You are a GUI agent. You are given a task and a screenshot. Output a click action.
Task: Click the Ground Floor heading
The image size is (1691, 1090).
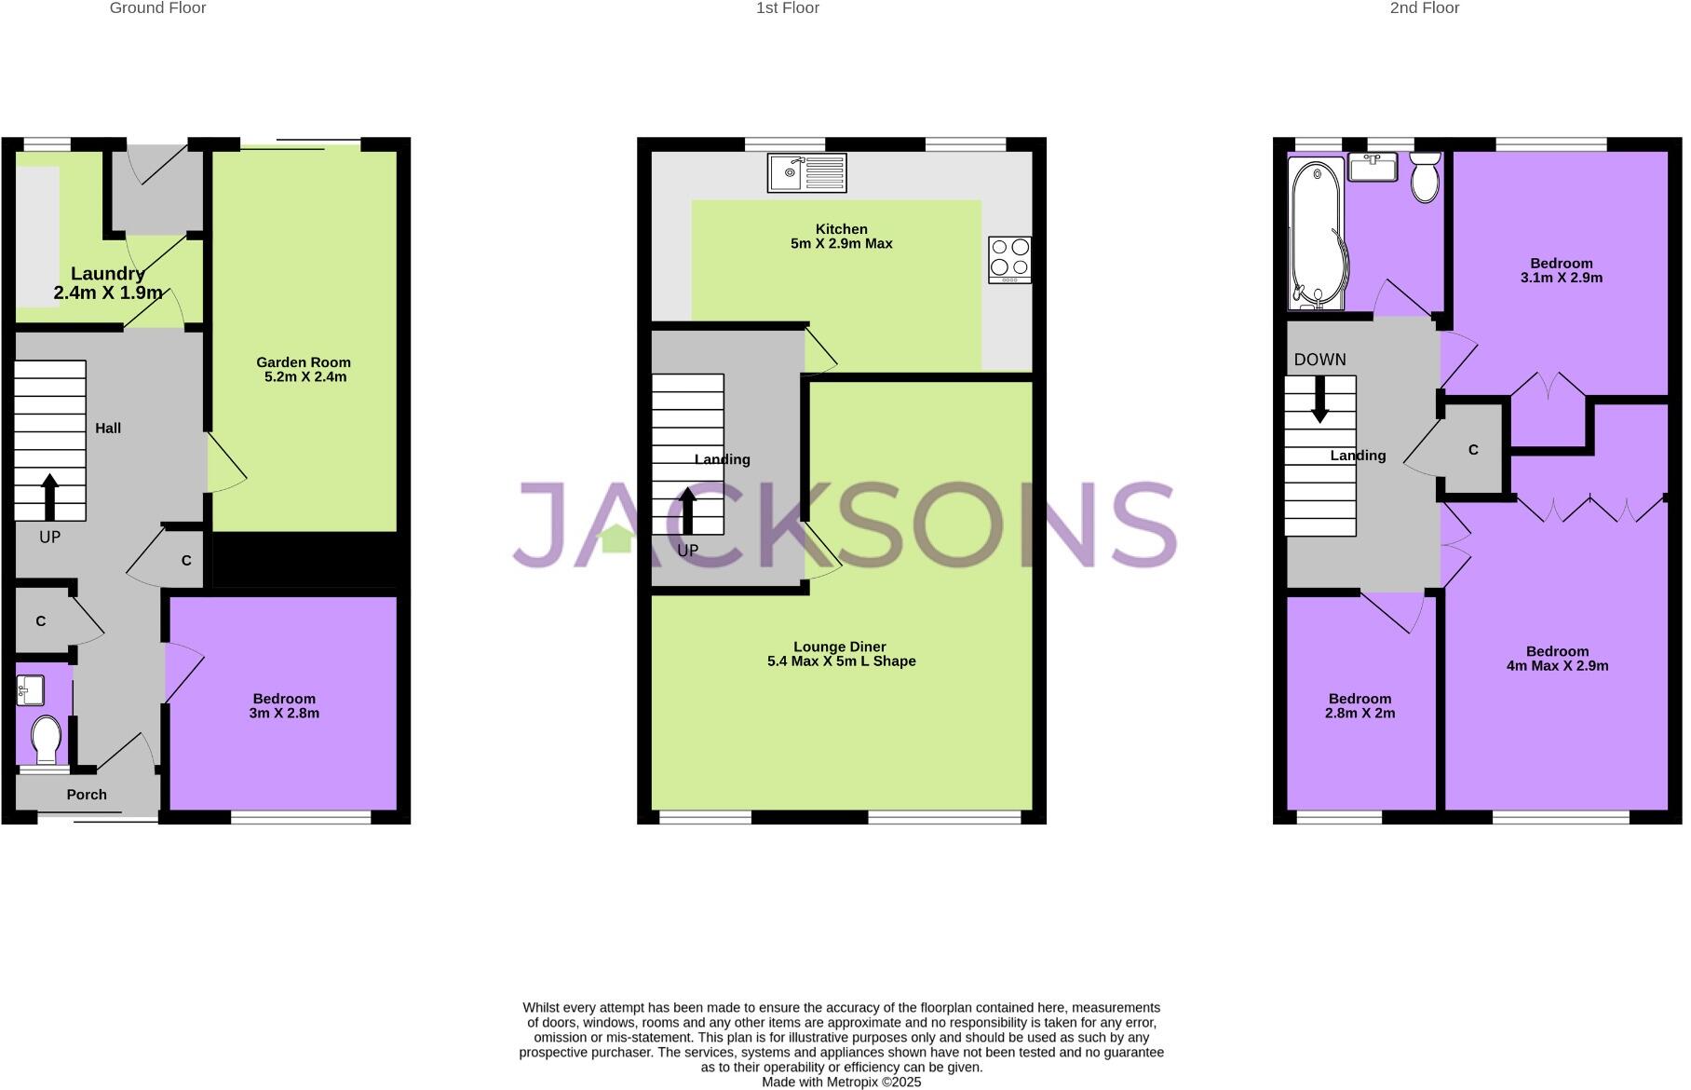(157, 8)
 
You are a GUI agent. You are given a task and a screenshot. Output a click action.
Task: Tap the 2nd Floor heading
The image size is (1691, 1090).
(1424, 8)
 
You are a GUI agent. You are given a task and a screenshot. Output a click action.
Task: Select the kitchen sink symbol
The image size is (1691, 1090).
(806, 172)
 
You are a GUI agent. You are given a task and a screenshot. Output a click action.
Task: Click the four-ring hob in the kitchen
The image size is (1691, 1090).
(1009, 258)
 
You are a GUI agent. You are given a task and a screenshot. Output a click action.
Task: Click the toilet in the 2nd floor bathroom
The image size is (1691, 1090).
(1425, 178)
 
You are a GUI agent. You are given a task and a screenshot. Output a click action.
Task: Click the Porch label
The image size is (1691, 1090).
(87, 795)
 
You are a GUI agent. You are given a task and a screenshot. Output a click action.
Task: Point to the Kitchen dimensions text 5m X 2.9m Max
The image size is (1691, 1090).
(841, 244)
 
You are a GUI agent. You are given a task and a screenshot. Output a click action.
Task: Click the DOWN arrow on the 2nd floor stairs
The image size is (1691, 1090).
(1319, 399)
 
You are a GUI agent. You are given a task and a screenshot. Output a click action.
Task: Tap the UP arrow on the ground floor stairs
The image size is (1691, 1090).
(50, 497)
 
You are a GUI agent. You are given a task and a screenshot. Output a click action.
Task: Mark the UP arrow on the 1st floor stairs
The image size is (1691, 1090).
(687, 511)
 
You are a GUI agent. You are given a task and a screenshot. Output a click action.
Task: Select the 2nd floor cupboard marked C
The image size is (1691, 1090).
(1473, 450)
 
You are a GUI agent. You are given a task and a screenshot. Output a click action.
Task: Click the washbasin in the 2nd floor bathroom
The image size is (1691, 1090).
(1373, 168)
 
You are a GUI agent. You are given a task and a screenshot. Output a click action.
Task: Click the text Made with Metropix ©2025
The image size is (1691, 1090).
(841, 1082)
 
